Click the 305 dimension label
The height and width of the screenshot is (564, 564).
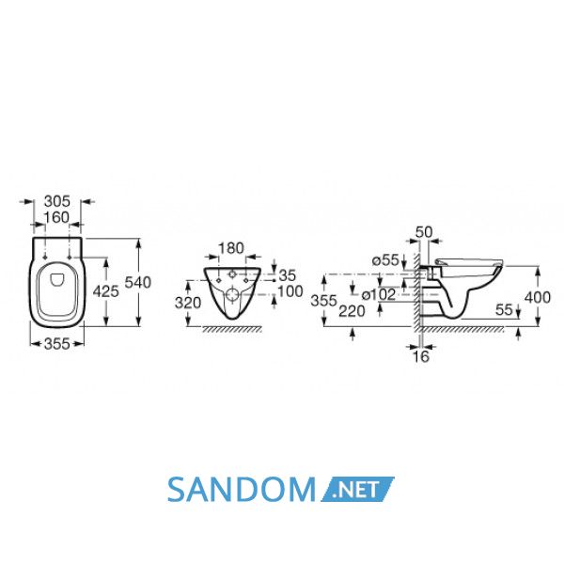tap(56, 201)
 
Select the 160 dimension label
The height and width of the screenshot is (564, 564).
tap(56, 217)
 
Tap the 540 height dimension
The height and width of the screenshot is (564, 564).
tap(138, 282)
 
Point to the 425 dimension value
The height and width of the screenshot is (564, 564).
tap(105, 291)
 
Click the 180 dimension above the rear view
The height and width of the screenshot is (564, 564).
tap(231, 248)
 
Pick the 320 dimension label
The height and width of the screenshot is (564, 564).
tap(188, 303)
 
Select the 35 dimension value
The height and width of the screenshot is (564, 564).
tap(288, 275)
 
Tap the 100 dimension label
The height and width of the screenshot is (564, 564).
tap(290, 291)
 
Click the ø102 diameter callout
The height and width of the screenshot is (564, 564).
tap(379, 294)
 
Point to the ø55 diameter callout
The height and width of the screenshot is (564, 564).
tap(385, 259)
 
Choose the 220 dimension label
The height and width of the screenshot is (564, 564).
tap(352, 311)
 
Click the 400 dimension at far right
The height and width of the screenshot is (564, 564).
tap(538, 297)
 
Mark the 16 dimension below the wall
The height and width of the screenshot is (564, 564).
tap(421, 356)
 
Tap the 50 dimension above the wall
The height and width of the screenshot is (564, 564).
tap(424, 232)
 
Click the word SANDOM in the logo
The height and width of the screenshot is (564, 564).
tap(241, 490)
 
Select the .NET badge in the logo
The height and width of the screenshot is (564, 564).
tap(357, 490)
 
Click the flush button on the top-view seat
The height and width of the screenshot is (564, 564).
tap(56, 279)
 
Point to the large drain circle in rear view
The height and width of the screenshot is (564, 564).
tap(232, 295)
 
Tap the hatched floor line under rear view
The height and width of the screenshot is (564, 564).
tap(232, 329)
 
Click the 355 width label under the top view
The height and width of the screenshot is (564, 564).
tap(56, 344)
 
